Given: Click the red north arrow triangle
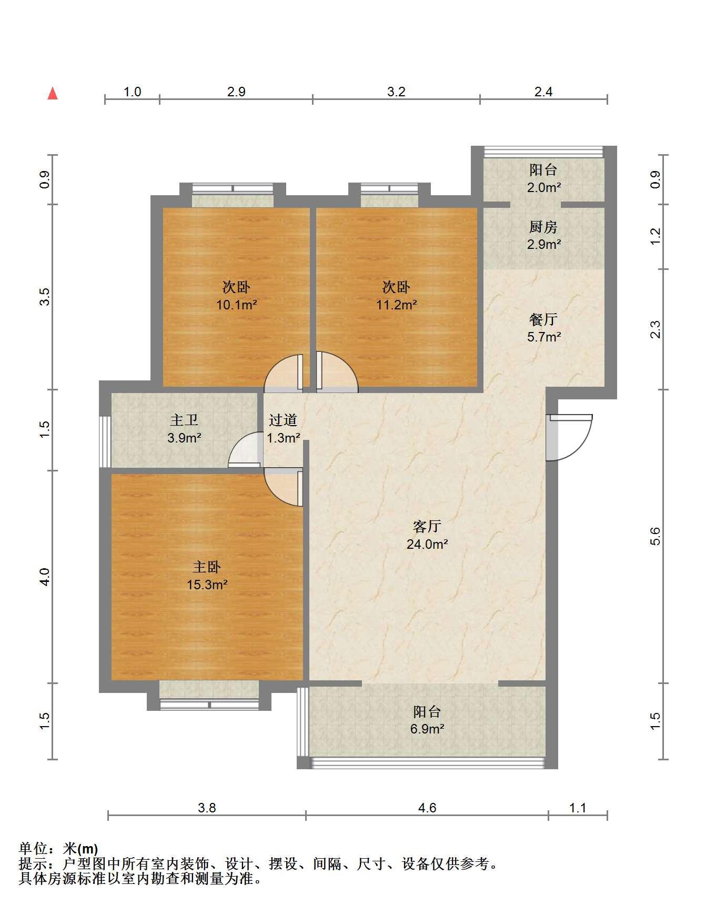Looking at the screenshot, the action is pos(53,94).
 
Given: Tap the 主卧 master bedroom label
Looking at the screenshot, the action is pos(207,567).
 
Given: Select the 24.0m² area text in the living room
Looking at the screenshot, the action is pos(427,544).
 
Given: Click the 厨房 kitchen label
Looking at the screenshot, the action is pos(543,227).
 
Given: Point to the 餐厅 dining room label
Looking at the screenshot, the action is pos(543,319).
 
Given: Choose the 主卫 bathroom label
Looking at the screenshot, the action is pos(184,420).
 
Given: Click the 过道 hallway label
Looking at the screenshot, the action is pos(283,420).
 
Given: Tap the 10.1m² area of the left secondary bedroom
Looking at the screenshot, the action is pos(237,304).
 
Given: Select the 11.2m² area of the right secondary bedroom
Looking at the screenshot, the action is pos(397,304).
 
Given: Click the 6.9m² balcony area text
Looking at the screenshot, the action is pos(427,729).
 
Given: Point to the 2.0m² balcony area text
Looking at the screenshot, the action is pos(544,187).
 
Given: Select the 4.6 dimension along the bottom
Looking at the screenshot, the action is pos(427,808).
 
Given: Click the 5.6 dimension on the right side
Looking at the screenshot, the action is pos(655,537).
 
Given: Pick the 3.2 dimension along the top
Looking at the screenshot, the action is pos(396,92).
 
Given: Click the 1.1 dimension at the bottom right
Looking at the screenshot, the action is pos(578,808).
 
